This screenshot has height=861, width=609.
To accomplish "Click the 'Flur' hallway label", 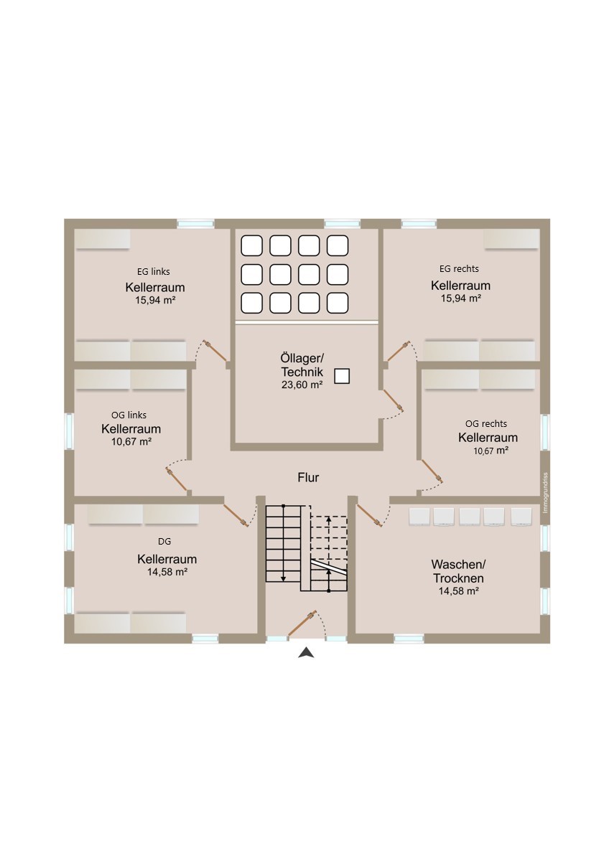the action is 308,478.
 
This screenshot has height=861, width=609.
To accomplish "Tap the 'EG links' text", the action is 154,271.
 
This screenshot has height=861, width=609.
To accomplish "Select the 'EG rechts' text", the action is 459,268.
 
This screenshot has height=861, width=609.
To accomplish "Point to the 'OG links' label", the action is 129,415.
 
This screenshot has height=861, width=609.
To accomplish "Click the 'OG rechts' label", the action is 486,423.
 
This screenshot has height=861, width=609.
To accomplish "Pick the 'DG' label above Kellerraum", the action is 164,541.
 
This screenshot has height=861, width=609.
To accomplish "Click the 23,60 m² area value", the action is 302,385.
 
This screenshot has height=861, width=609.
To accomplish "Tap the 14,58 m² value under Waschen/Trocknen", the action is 459,591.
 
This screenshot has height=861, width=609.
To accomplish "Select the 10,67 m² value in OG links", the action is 131,441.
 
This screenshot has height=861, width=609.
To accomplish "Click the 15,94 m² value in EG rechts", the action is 461,298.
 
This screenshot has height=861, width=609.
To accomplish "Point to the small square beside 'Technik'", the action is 342,376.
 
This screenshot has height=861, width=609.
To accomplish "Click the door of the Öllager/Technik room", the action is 393,400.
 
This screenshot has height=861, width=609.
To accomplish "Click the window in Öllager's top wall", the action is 342,224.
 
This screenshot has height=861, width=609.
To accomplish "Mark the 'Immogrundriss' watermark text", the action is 544,493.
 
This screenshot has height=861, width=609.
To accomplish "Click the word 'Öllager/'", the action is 302,358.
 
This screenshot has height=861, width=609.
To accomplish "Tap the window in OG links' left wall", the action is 69,430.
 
